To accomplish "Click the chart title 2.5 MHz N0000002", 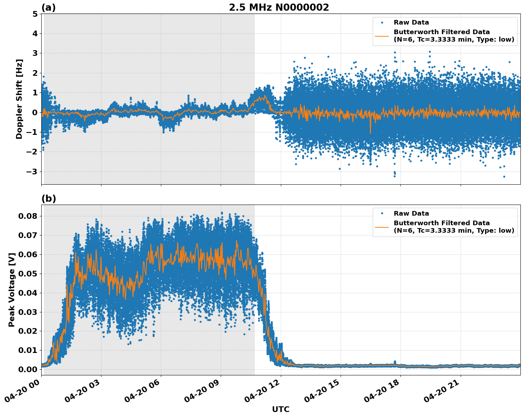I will coord(279,7).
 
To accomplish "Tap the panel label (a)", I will coord(48,7).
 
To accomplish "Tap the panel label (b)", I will coord(49,199).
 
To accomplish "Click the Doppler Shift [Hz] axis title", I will coord(19,99).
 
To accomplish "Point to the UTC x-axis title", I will coord(281,409).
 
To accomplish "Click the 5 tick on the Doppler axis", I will coord(35,14).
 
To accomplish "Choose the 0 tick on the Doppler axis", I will coord(35,113).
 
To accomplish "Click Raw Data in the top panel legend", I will coord(411,22).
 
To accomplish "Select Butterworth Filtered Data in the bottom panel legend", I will coord(441,223).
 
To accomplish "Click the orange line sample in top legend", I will coord(382,36).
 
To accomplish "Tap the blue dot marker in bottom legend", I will coord(382,213).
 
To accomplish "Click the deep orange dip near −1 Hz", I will coord(370,132).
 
